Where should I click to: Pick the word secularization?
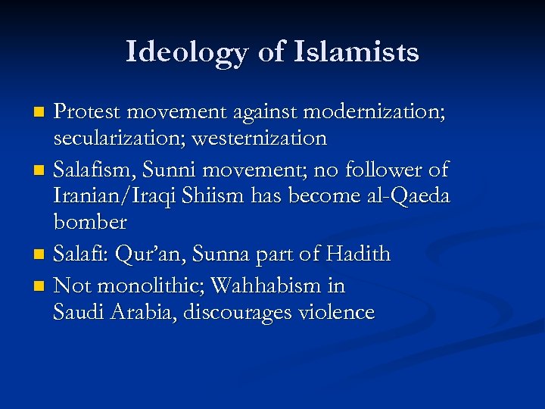117,139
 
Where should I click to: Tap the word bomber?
89,223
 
